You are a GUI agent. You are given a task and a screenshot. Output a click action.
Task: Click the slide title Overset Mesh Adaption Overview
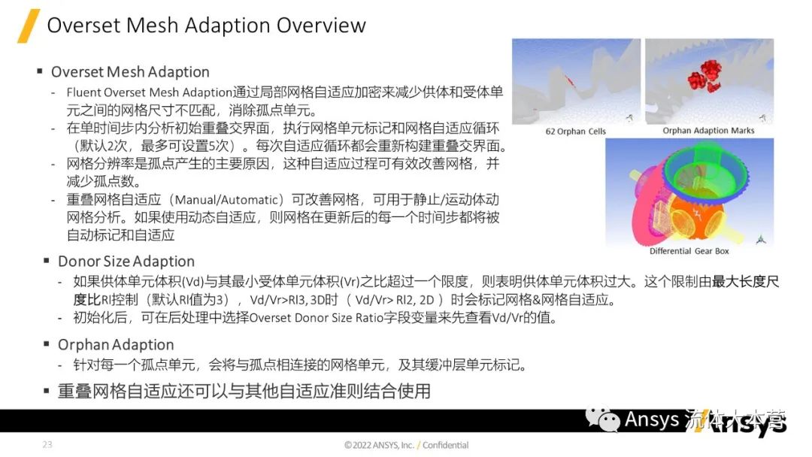pos(206,26)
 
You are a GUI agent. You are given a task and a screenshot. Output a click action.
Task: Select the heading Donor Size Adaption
pos(126,262)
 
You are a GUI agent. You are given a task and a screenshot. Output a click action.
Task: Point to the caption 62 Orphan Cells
pos(575,132)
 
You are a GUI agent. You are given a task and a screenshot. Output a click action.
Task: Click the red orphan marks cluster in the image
pos(704,75)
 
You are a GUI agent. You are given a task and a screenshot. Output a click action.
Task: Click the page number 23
pos(47,445)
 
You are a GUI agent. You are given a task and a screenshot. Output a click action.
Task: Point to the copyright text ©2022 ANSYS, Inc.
pos(379,445)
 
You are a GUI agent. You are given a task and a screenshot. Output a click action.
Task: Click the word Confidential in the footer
pos(445,445)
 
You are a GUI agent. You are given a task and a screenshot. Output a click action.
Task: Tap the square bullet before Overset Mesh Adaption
pos(39,72)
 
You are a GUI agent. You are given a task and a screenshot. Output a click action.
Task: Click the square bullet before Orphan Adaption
pos(46,345)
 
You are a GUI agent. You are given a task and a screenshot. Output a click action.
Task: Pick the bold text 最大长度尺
pos(745,282)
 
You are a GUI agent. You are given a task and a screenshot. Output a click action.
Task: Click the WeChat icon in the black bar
pos(603,419)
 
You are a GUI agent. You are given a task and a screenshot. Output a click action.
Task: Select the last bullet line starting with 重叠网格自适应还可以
pos(244,392)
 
